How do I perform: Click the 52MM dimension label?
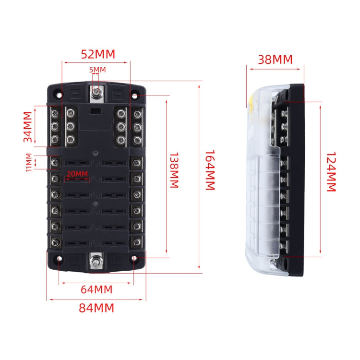point(98,54)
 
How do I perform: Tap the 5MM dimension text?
point(97,70)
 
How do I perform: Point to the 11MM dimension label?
point(29,162)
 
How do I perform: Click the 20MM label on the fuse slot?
point(77,174)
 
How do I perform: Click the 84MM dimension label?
point(96,308)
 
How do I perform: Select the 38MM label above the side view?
point(275,60)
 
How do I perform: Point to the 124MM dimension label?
point(331,172)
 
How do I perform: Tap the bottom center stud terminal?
point(96,261)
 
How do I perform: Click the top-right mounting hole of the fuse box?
point(135,96)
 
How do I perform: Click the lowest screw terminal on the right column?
point(138,241)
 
